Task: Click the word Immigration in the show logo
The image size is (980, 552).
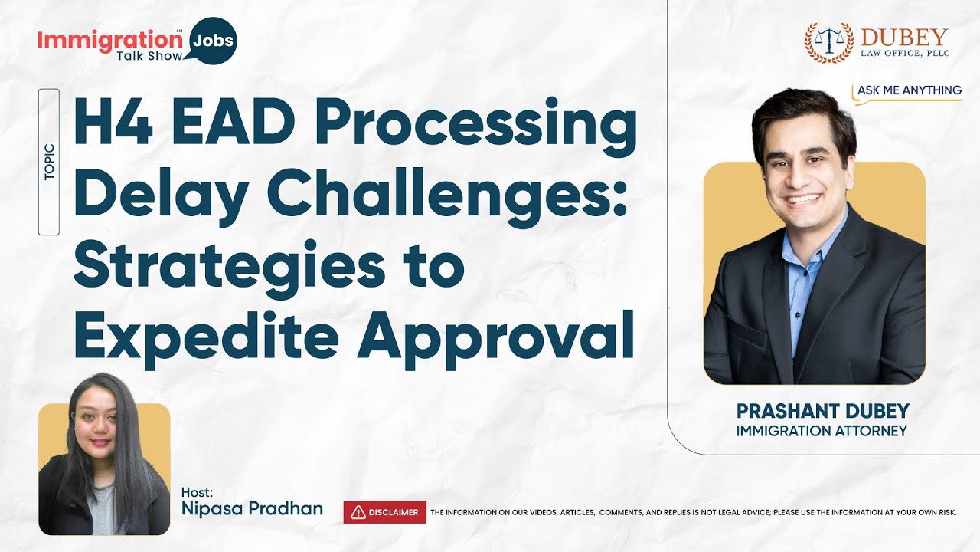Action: click(x=106, y=39)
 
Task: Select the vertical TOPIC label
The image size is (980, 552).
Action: click(x=49, y=162)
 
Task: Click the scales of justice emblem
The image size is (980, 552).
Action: click(x=829, y=41)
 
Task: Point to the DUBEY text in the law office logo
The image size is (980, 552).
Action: click(x=904, y=37)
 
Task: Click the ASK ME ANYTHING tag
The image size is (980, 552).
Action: click(x=909, y=90)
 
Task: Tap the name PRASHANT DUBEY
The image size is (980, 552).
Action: click(x=822, y=411)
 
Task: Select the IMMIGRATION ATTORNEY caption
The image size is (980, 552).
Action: click(x=822, y=431)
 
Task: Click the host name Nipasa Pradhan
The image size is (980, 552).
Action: click(x=252, y=508)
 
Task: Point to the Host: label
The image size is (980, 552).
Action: click(x=198, y=491)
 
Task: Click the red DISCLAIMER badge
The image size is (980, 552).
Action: click(x=385, y=512)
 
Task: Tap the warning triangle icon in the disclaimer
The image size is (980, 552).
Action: click(x=358, y=512)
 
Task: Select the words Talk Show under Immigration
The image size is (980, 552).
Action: click(x=149, y=56)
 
